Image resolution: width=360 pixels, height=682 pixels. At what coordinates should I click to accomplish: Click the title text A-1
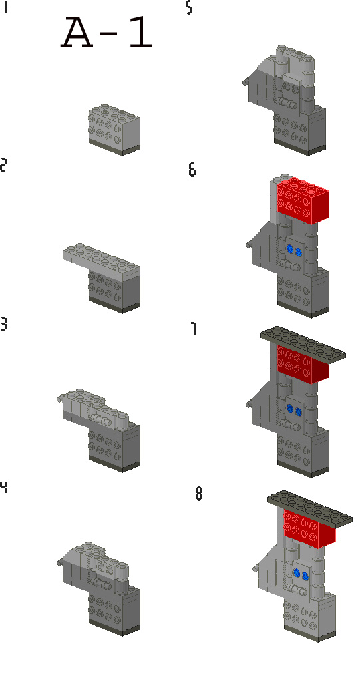coord(107,34)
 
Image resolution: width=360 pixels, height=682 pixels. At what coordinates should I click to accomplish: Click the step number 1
coord(5,8)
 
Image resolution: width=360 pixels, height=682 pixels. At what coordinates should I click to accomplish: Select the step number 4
coord(4,487)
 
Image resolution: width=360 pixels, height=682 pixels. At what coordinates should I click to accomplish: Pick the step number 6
coord(192,170)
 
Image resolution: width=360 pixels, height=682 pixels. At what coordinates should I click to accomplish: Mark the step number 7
coord(194,329)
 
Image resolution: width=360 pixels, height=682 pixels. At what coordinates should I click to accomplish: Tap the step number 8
coord(198,495)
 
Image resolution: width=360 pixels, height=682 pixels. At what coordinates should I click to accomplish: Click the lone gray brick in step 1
coord(113,129)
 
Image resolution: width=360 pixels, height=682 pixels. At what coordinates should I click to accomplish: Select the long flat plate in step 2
coord(100,258)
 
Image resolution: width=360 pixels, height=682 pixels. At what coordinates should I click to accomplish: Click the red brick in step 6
coord(303,199)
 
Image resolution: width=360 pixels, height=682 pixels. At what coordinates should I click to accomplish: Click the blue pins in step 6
coord(294,251)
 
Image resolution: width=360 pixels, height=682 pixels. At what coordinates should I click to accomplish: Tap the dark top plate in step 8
coord(309,507)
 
